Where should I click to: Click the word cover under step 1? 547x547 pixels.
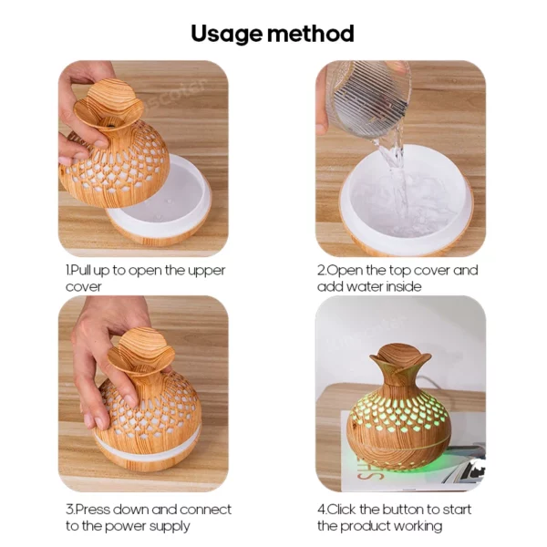click(x=84, y=287)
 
